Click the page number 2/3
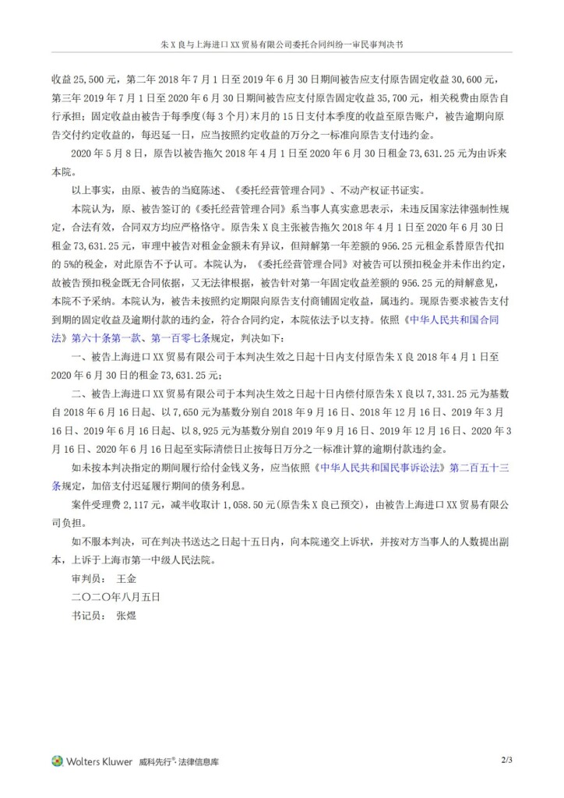pos(507,757)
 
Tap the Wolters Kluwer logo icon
pos(57,761)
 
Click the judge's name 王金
pos(125,579)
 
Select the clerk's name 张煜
pos(125,615)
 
